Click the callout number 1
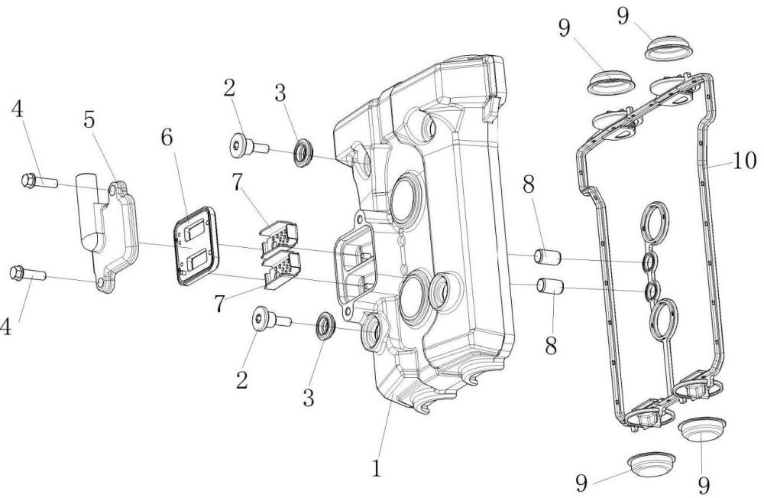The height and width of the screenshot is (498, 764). tap(376, 469)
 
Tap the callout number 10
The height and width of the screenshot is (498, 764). tap(744, 161)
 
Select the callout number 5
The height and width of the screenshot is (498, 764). tap(89, 119)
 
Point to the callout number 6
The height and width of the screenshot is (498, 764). tap(167, 138)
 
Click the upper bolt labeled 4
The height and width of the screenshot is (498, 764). tap(40, 181)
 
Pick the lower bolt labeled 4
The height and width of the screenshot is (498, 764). tap(28, 274)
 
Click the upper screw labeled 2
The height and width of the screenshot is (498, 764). tap(249, 145)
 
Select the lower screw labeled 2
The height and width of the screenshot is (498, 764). tap(272, 320)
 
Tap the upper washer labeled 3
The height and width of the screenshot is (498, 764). tap(303, 152)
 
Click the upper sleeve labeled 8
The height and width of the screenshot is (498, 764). tap(548, 257)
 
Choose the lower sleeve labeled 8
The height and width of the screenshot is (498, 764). tap(550, 286)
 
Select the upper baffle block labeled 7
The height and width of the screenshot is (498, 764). tap(279, 239)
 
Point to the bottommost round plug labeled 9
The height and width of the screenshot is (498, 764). tap(652, 464)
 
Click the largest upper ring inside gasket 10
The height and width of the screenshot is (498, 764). tap(656, 221)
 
